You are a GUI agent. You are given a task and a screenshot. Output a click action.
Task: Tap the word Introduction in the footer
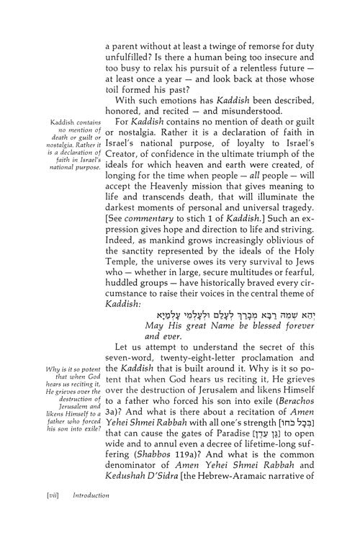click(79, 516)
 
